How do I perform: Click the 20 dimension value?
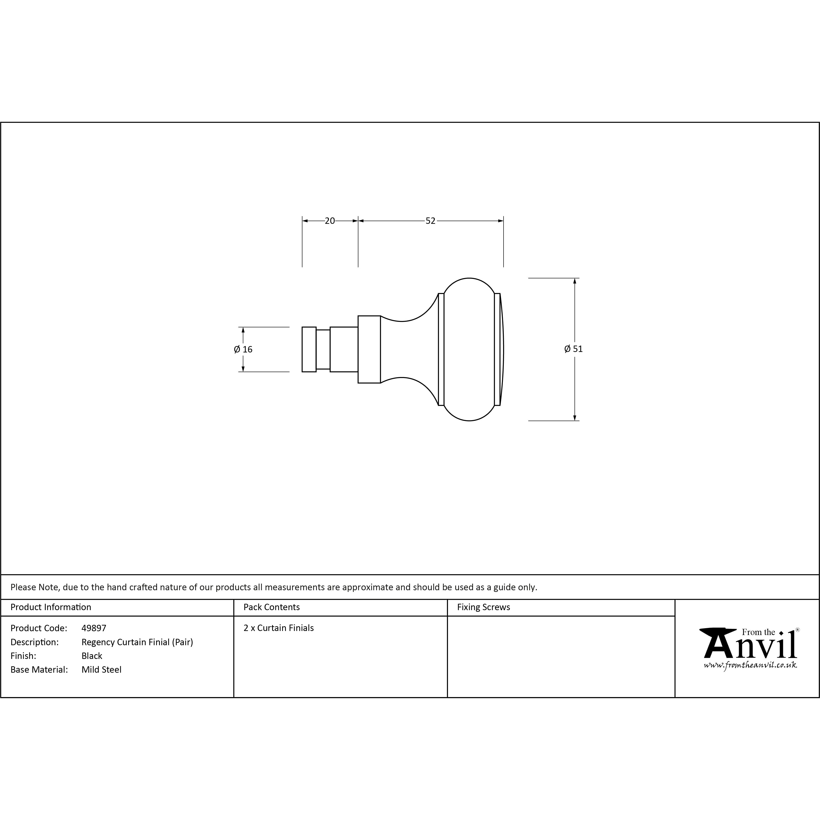point(330,221)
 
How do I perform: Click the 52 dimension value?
point(430,221)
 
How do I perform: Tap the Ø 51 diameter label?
point(573,349)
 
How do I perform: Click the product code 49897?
point(94,628)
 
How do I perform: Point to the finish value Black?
point(92,656)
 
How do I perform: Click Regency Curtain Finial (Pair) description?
point(137,642)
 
